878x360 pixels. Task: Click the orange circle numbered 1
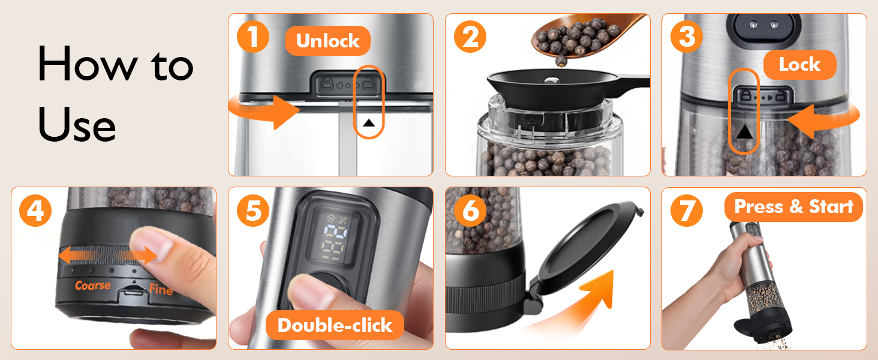[x=253, y=37]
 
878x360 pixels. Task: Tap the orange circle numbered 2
[x=470, y=37]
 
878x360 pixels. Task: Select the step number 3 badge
[x=687, y=37]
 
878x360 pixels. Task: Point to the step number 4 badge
[x=35, y=211]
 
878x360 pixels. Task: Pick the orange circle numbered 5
[x=253, y=211]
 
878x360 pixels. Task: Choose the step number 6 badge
[x=470, y=211]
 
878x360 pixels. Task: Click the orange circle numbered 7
[x=687, y=211]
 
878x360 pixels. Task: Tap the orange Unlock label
[x=327, y=41]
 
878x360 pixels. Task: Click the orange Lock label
[x=799, y=65]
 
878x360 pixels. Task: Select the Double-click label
[x=334, y=325]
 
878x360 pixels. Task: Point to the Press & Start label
[x=793, y=207]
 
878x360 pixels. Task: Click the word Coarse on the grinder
[x=92, y=286]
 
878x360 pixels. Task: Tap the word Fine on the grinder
[x=161, y=290]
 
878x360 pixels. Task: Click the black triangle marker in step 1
[x=369, y=123]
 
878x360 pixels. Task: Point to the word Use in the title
[x=77, y=125]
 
